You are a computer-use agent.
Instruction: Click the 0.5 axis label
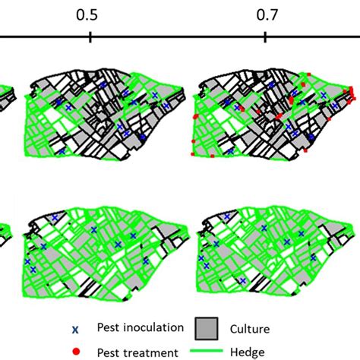point(90,14)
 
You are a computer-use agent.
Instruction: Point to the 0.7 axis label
point(264,14)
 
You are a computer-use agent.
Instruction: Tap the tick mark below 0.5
point(90,38)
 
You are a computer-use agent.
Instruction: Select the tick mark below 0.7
point(264,38)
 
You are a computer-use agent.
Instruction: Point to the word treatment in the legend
point(150,352)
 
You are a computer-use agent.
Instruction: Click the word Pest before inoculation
point(109,327)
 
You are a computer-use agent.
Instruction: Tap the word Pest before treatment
point(109,352)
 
